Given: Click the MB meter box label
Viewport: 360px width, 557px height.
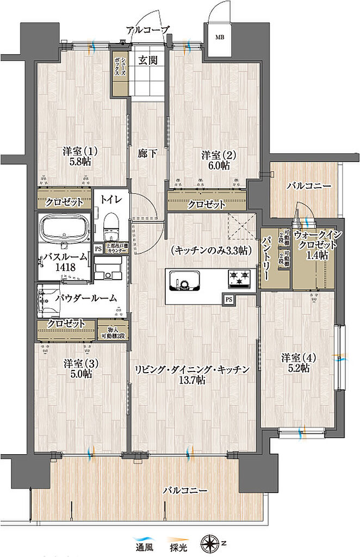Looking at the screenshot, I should (x=220, y=38).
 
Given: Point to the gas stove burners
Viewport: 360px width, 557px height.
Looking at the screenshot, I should (x=239, y=278).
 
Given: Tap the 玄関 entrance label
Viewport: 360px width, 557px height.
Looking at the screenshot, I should (x=147, y=60).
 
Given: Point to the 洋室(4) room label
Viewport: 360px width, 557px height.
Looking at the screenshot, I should (x=295, y=357).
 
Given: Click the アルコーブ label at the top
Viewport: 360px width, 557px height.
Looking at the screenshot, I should (x=147, y=29).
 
